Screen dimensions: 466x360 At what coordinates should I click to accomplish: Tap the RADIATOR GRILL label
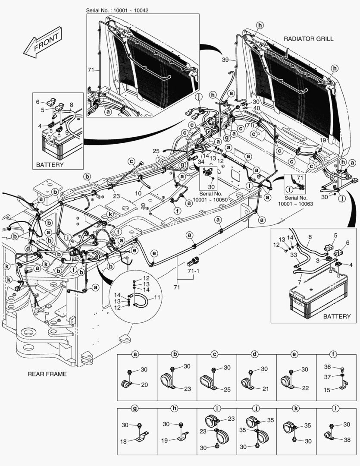(308, 39)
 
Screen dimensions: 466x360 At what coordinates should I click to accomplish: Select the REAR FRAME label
(47, 374)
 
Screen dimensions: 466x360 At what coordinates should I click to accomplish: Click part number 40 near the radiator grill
(256, 108)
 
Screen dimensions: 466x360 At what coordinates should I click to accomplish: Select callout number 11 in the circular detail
(157, 298)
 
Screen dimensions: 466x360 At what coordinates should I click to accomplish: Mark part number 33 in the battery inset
(294, 255)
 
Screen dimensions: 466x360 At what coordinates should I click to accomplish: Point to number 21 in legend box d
(265, 389)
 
